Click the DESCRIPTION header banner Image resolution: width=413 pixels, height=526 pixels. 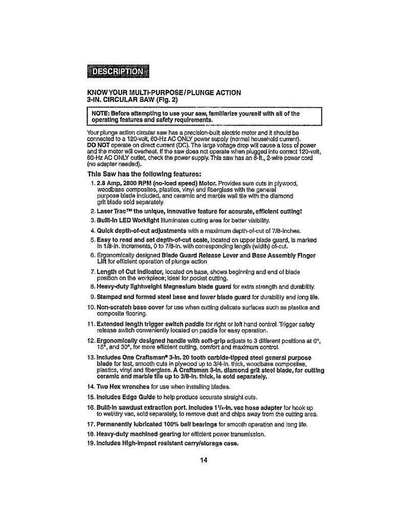[117, 71]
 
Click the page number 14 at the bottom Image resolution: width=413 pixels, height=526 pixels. [203, 460]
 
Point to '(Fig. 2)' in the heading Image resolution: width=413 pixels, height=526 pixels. [167, 99]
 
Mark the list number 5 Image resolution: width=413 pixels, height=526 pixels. [93, 240]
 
